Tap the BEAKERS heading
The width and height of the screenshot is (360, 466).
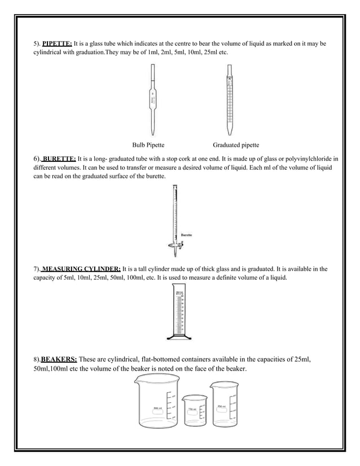[59, 359]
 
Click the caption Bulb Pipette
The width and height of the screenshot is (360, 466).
[148, 145]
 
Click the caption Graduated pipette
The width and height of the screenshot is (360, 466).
[236, 145]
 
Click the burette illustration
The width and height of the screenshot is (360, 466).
[174, 217]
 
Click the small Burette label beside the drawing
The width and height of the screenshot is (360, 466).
[187, 235]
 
